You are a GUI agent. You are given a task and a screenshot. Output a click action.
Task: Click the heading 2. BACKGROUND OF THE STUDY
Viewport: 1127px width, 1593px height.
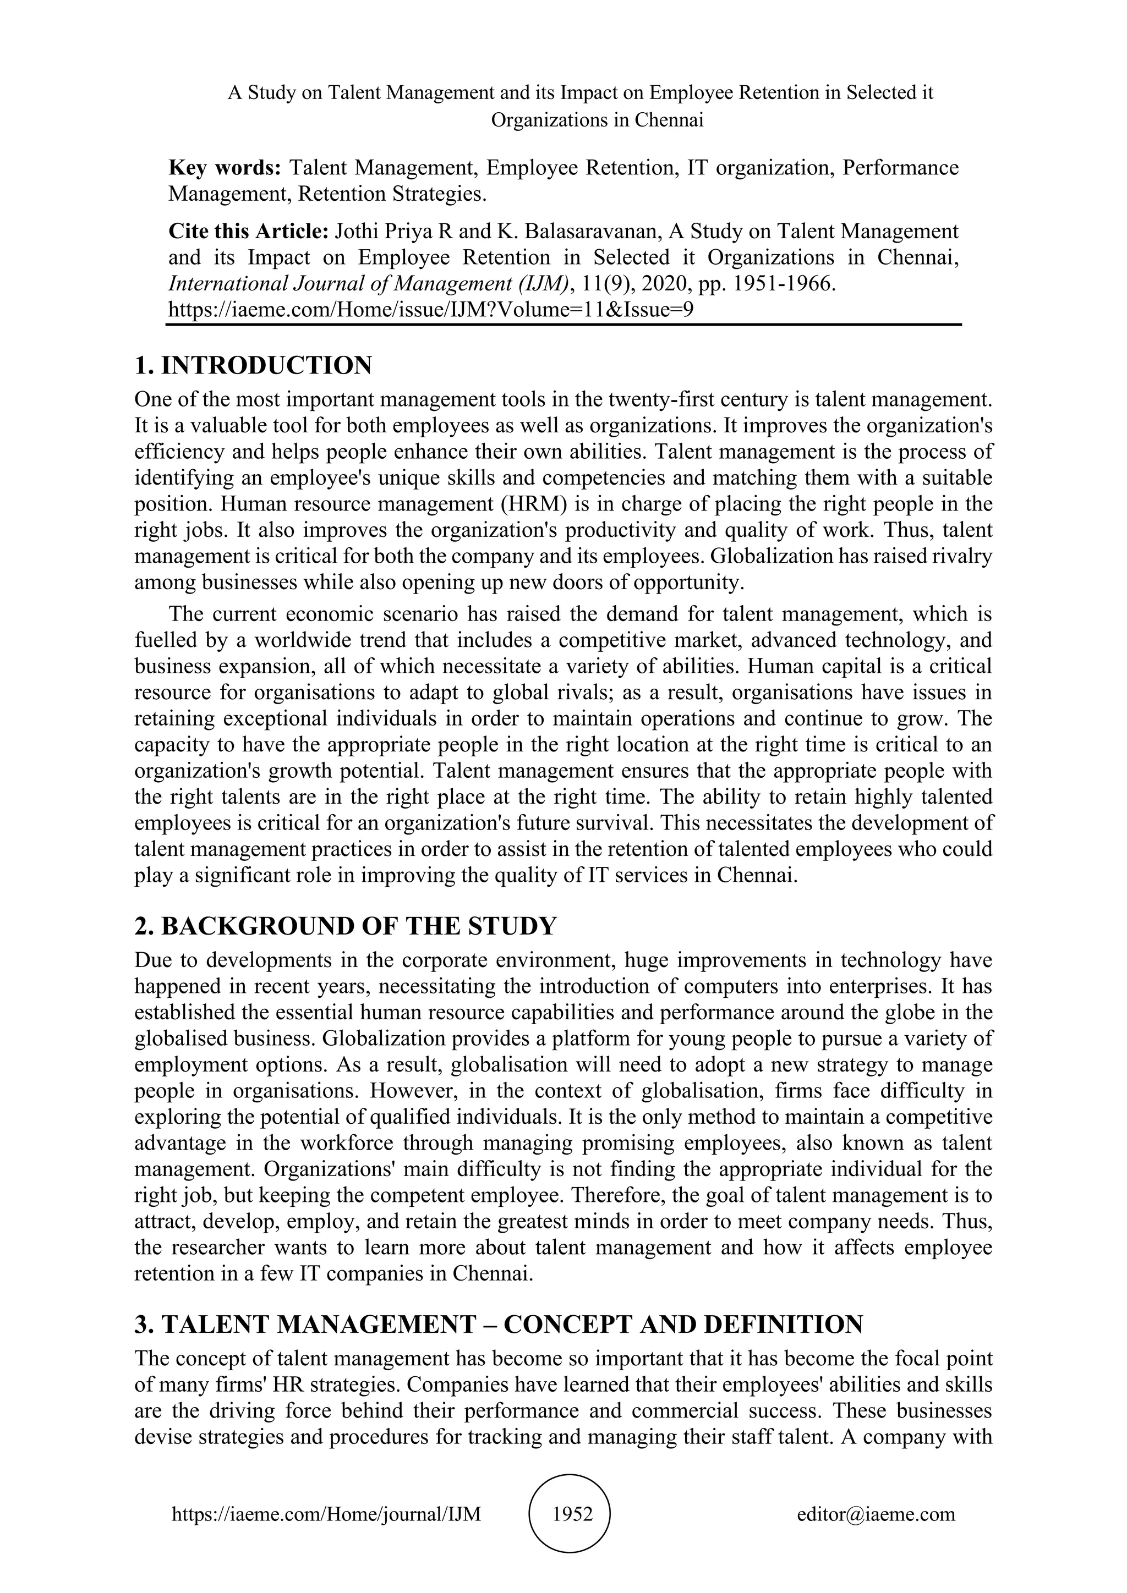click(x=346, y=926)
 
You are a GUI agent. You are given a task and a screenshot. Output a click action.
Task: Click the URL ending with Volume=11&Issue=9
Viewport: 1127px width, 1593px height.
click(x=430, y=310)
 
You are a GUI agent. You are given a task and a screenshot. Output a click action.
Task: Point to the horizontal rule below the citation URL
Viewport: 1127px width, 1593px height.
click(x=563, y=324)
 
